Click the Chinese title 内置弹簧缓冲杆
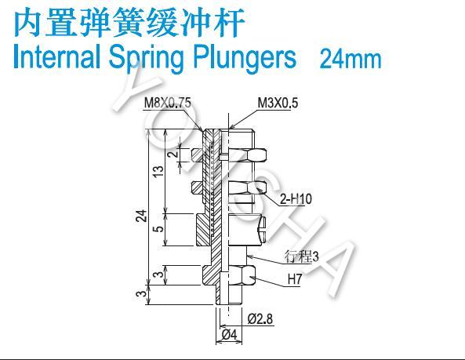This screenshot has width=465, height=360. [129, 23]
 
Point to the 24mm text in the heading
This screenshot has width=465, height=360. [351, 59]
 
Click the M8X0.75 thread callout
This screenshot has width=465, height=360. [168, 104]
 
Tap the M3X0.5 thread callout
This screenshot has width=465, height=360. [278, 103]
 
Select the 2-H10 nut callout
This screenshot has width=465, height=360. [296, 198]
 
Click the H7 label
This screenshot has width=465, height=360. [295, 279]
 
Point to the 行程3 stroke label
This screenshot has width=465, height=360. [301, 256]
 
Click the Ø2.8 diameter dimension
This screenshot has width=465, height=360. [260, 319]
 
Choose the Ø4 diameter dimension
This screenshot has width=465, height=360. [230, 335]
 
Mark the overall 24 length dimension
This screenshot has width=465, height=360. [142, 216]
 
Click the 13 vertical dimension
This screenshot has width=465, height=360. [158, 172]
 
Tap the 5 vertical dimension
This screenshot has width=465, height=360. [159, 229]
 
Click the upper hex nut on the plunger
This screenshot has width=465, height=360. [229, 155]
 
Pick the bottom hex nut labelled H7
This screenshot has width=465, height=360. [228, 275]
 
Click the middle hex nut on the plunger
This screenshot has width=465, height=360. [229, 188]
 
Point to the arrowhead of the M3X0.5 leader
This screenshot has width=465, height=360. [231, 127]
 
